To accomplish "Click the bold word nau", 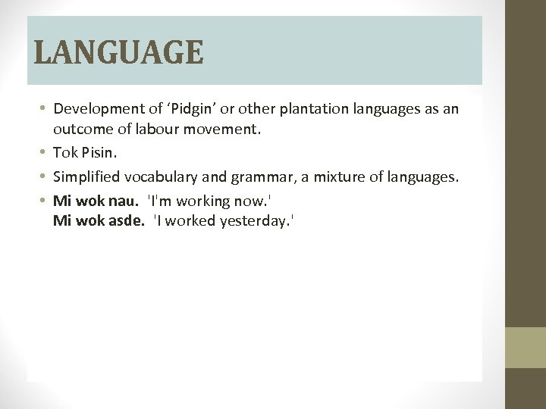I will [x=126, y=201].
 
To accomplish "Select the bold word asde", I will [x=128, y=221].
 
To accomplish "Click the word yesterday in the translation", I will [x=257, y=221].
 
